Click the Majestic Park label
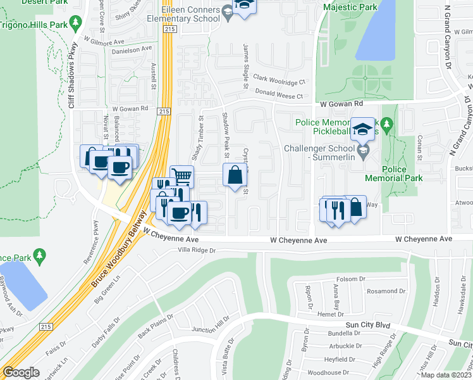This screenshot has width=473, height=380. (x=350, y=8)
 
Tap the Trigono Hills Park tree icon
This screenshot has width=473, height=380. (x=77, y=23)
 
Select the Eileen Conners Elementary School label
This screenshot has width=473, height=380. (x=190, y=15)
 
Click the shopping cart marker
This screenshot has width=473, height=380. (x=182, y=175)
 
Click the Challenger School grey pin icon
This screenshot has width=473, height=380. (x=363, y=150)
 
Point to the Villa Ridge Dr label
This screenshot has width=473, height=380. (x=197, y=251)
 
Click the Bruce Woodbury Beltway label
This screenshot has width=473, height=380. (x=114, y=256)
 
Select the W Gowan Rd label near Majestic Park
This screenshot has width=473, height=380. (x=341, y=103)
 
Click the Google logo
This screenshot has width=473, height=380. (x=21, y=372)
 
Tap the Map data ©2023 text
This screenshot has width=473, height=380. (x=446, y=375)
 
